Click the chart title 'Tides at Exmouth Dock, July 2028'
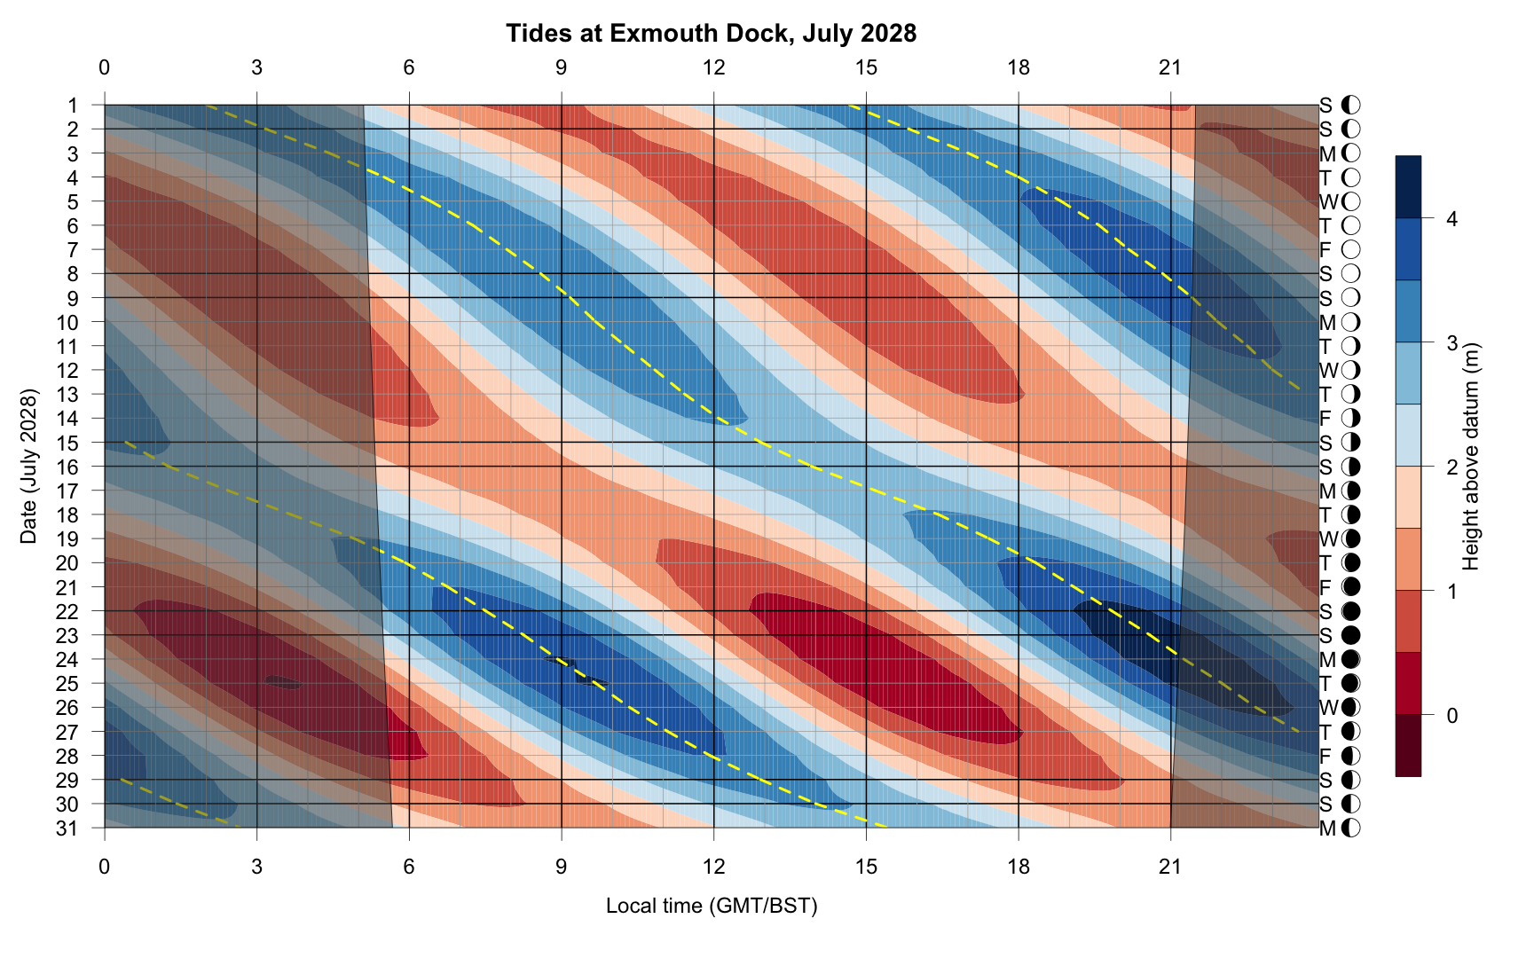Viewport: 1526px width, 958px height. [711, 34]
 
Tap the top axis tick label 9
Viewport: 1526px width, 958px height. [562, 67]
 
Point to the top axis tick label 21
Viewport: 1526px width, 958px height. [1170, 67]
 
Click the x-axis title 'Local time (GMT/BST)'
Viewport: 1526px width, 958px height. [711, 906]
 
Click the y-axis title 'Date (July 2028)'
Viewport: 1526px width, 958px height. [29, 466]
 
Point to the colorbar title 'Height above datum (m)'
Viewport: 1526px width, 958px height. [1470, 456]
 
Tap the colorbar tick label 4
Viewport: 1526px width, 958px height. [1451, 219]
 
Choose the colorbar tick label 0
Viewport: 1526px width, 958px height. [1451, 715]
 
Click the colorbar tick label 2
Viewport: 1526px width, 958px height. [1451, 467]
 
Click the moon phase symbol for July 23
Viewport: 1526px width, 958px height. [1350, 635]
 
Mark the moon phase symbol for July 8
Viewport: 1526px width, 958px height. [1350, 273]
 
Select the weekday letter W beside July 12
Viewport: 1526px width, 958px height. [1328, 370]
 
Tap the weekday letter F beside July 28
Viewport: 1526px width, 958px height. [1325, 756]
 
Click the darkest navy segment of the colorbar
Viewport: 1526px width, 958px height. [1408, 187]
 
